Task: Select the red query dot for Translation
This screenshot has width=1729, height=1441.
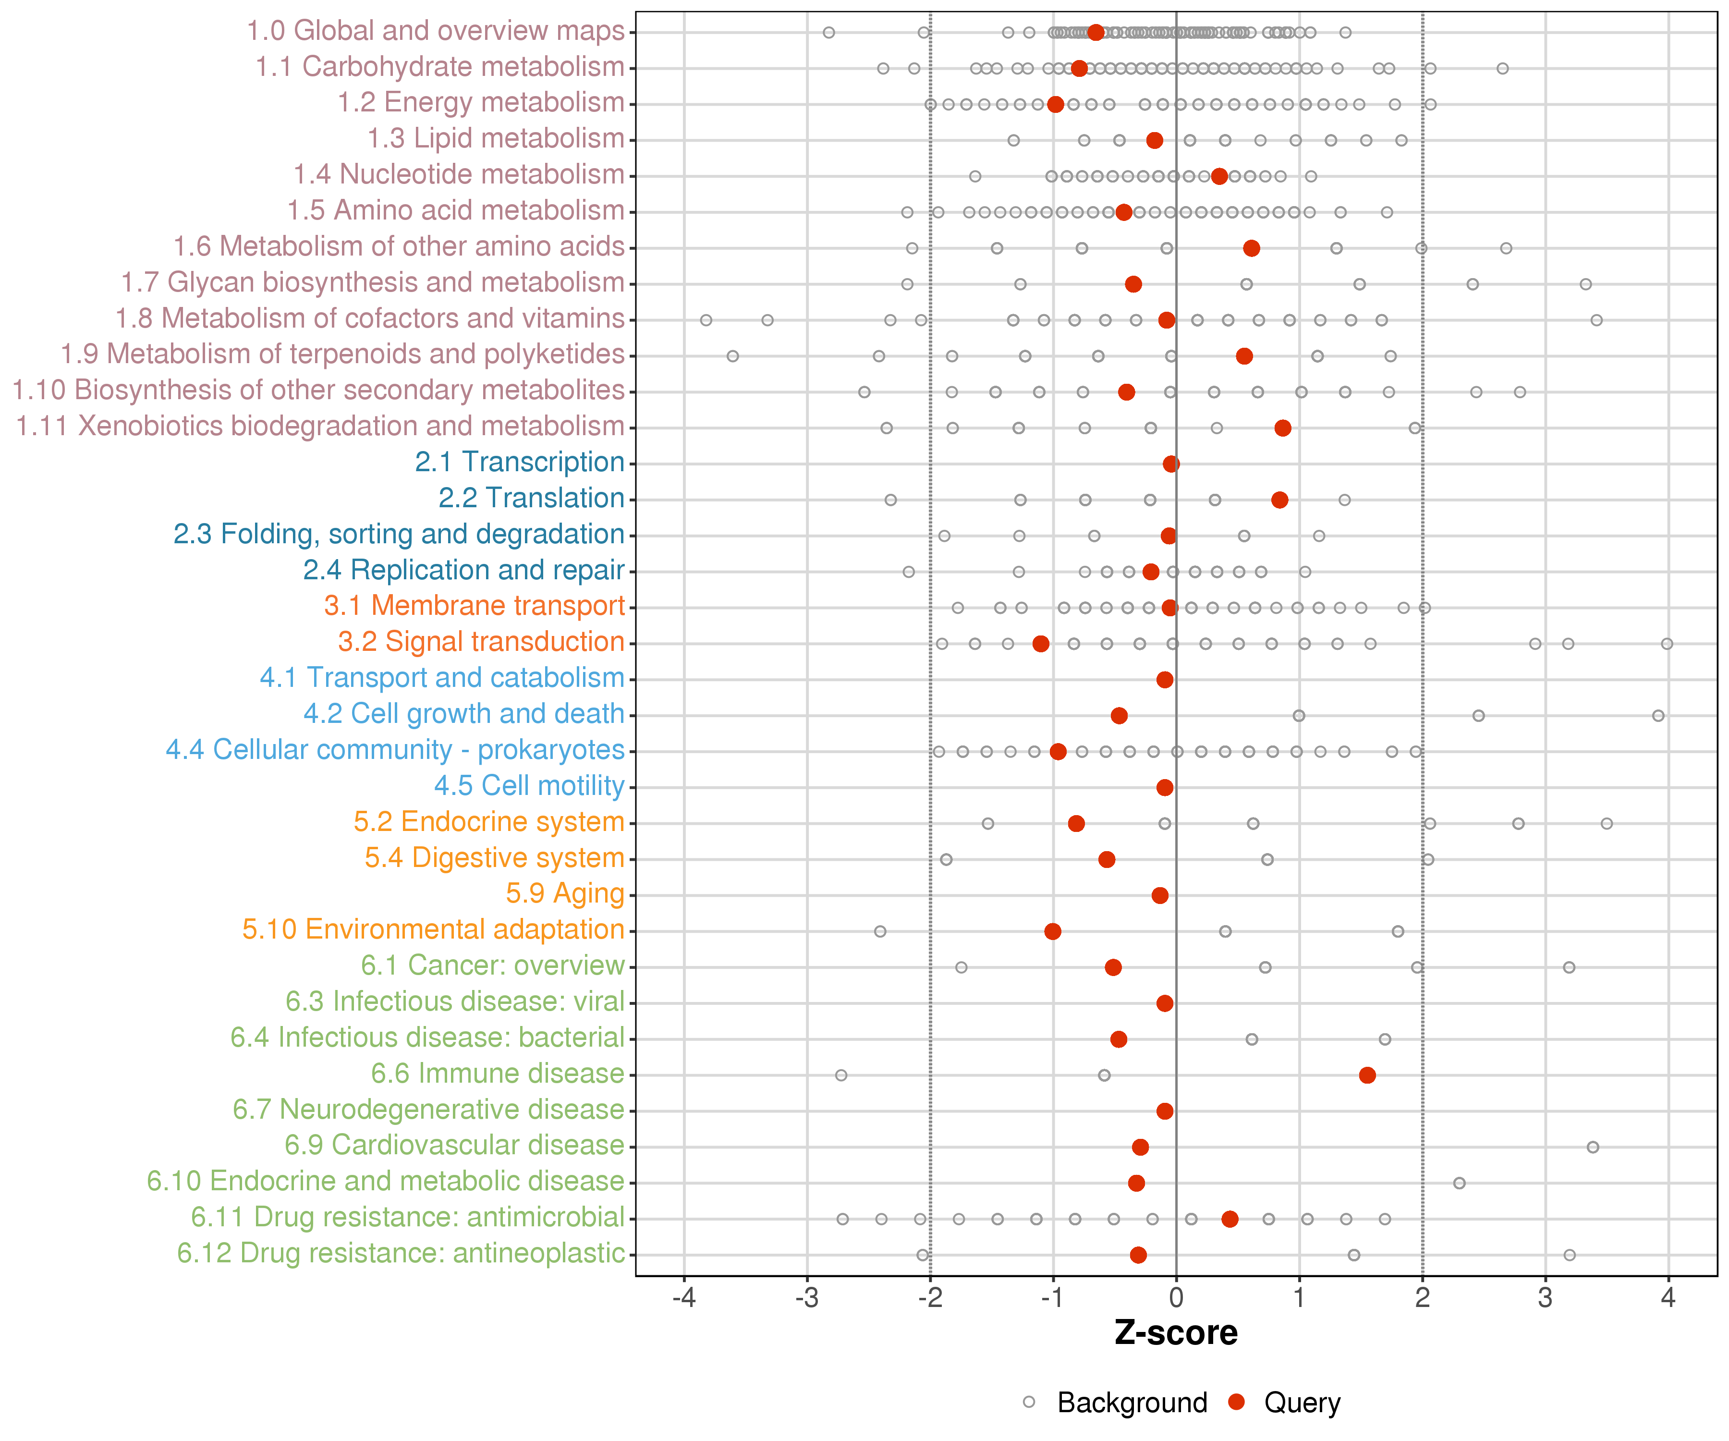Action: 1279,500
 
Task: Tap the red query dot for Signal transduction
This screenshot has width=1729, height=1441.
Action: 1041,643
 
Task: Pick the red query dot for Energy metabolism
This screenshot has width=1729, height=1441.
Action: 1056,105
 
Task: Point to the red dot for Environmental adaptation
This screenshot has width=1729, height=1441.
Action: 1052,931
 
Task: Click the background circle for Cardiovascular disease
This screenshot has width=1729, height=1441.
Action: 1592,1147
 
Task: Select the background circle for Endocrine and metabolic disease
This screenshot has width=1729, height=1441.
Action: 1459,1183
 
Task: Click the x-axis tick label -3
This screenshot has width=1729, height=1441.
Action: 807,1298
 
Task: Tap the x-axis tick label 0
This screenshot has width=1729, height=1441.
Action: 1176,1298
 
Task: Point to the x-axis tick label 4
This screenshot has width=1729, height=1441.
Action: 1668,1298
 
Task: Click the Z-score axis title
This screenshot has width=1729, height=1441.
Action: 1176,1333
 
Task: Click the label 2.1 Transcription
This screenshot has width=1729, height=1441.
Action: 520,462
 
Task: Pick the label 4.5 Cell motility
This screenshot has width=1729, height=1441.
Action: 529,785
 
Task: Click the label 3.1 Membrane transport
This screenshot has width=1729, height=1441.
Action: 474,606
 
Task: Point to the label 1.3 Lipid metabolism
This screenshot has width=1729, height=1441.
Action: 496,138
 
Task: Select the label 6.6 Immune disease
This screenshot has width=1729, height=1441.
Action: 497,1074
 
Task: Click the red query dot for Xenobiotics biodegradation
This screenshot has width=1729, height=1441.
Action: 1283,428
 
